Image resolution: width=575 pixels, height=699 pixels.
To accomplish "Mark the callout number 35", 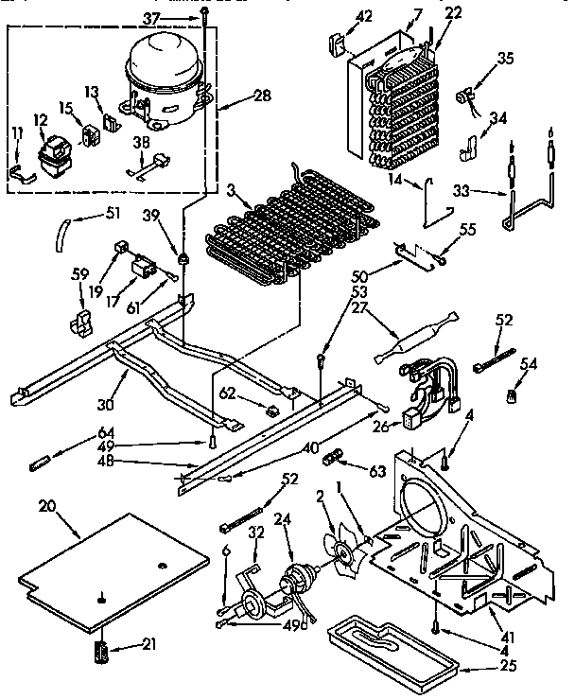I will point(506,59).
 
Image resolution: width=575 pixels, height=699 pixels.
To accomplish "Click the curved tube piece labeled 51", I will point(61,230).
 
